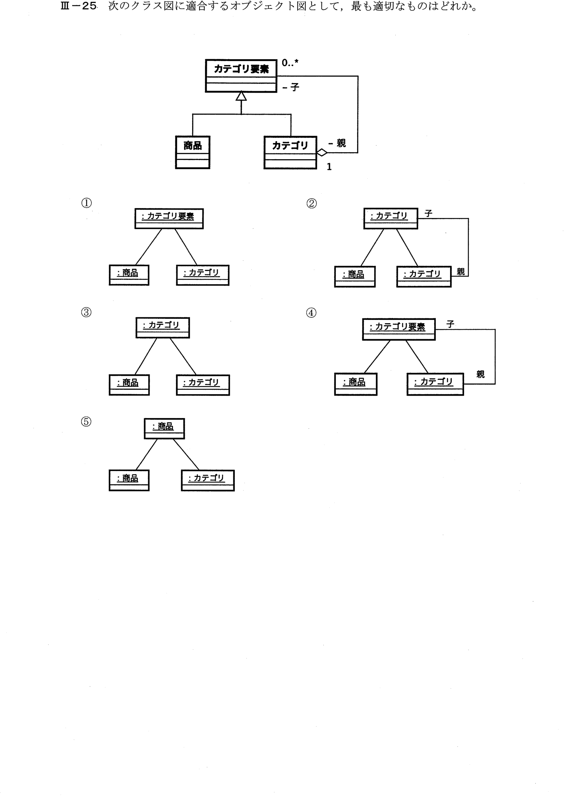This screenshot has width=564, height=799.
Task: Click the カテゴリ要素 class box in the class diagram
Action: pyautogui.click(x=241, y=76)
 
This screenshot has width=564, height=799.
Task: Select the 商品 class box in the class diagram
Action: pyautogui.click(x=193, y=152)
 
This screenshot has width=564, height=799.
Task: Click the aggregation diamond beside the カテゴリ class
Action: pyautogui.click(x=322, y=152)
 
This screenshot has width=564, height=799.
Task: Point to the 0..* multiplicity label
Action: pyautogui.click(x=290, y=63)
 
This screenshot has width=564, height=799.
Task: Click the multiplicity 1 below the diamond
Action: pyautogui.click(x=329, y=167)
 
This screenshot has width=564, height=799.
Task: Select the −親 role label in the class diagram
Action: pyautogui.click(x=337, y=143)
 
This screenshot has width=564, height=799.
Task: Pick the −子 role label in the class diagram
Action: pyautogui.click(x=291, y=87)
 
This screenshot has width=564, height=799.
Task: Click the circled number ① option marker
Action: pyautogui.click(x=86, y=203)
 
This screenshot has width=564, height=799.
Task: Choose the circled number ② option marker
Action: pyautogui.click(x=311, y=203)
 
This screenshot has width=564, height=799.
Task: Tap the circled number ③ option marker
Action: pyautogui.click(x=86, y=312)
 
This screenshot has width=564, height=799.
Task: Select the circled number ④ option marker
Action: pyautogui.click(x=311, y=313)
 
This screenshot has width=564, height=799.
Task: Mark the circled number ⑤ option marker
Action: pyautogui.click(x=86, y=421)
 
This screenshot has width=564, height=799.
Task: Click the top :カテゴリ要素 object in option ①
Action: pyautogui.click(x=169, y=219)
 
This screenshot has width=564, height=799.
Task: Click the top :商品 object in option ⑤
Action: pyautogui.click(x=164, y=429)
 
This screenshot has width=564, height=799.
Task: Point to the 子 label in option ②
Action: pyautogui.click(x=428, y=213)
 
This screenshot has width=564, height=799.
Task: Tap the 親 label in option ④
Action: pyautogui.click(x=481, y=374)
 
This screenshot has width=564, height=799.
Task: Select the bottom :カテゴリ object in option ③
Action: pyautogui.click(x=203, y=385)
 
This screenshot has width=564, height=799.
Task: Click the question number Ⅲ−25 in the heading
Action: pyautogui.click(x=79, y=7)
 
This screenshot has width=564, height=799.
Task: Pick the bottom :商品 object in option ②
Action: pyautogui.click(x=355, y=277)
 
